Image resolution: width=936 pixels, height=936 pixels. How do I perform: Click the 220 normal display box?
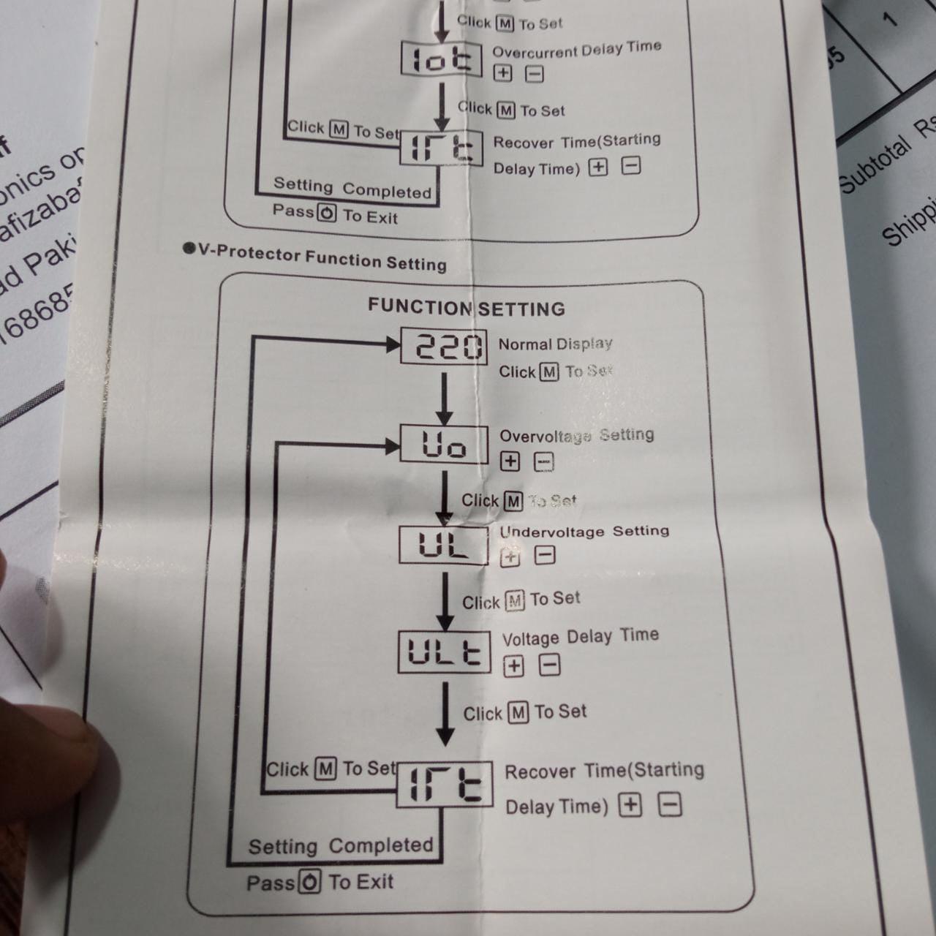tap(444, 346)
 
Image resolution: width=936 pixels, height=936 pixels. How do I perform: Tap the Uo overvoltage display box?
tap(444, 444)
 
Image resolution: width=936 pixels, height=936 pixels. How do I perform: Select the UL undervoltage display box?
tap(443, 546)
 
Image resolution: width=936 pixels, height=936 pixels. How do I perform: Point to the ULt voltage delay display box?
tap(444, 652)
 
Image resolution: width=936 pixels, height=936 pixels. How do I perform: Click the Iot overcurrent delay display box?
tap(442, 59)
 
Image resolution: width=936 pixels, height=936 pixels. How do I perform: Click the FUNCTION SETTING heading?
tap(466, 308)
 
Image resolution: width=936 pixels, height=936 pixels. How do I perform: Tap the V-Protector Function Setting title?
tap(322, 257)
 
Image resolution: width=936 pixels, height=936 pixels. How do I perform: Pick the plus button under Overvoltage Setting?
tap(510, 461)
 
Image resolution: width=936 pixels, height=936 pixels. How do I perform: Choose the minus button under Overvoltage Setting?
tap(543, 462)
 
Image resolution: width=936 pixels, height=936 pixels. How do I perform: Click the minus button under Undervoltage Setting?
tap(545, 555)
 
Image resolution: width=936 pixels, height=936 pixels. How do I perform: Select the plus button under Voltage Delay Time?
tap(514, 665)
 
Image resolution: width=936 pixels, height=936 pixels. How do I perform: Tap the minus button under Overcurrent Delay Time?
tap(535, 73)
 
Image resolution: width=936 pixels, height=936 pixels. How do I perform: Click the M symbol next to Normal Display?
tap(549, 372)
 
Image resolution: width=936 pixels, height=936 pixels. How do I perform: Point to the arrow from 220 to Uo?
tap(444, 399)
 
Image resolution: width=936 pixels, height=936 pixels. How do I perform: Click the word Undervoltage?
tap(552, 532)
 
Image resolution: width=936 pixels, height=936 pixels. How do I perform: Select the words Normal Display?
tap(555, 344)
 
